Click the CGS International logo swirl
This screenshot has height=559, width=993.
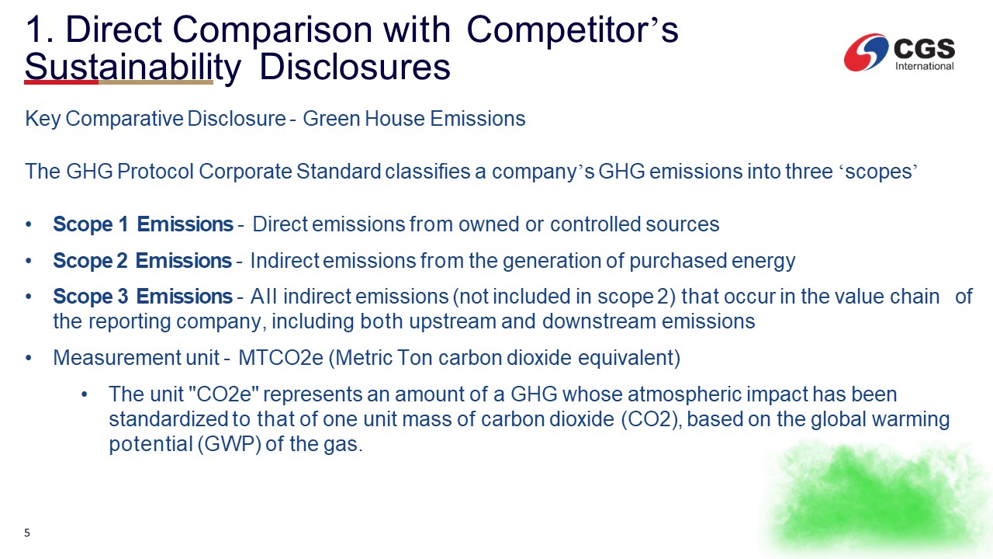866,52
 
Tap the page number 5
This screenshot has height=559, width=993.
27,533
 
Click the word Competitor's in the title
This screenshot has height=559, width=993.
573,30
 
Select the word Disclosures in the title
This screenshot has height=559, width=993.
355,67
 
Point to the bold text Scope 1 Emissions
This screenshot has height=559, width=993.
144,224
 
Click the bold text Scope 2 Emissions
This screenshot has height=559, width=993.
142,260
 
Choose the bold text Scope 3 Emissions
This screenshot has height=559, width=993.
143,297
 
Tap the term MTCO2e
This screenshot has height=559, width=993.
281,358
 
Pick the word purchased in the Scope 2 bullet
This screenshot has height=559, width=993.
678,261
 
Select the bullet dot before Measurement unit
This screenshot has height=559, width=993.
29,358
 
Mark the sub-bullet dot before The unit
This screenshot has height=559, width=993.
85,394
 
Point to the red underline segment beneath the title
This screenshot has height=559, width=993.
61,82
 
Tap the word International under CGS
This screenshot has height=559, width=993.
924,66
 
